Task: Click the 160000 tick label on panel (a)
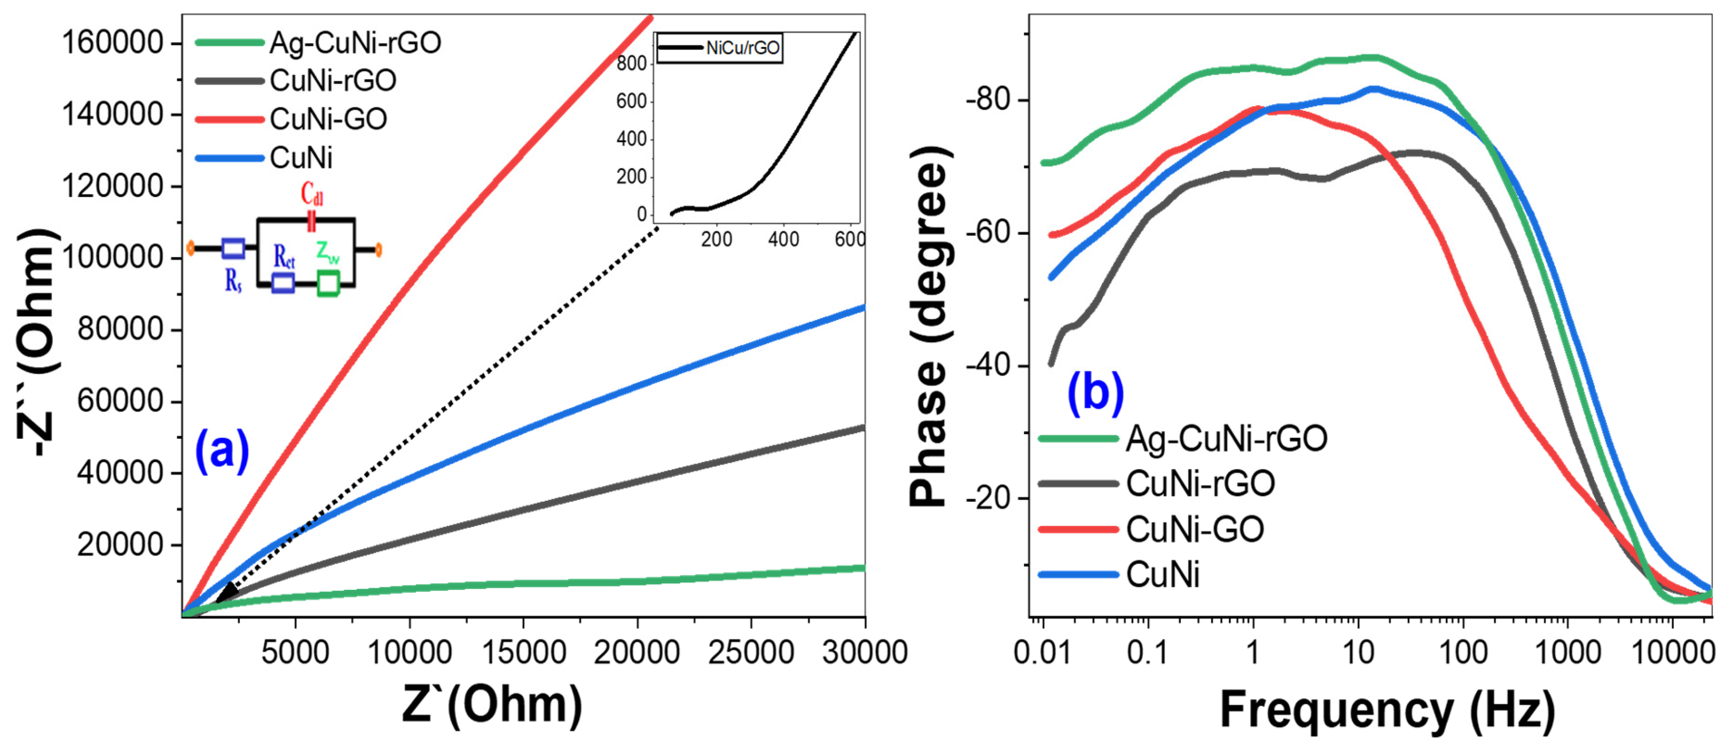112,43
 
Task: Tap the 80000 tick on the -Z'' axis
121,329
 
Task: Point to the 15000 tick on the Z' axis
523,652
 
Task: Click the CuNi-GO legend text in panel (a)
328,120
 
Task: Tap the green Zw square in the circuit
328,283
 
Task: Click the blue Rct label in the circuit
284,256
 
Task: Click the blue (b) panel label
1095,393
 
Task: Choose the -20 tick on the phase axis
987,498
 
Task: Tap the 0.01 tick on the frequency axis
1041,652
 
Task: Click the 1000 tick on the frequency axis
1567,652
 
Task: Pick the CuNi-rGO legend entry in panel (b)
1199,484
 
